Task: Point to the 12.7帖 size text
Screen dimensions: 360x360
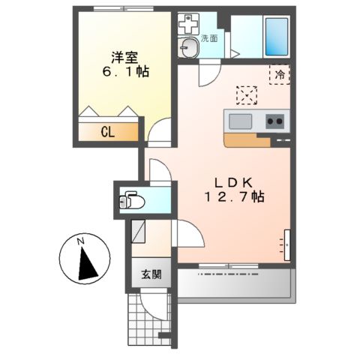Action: pyautogui.click(x=234, y=197)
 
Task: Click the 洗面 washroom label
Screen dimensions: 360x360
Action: pyautogui.click(x=209, y=39)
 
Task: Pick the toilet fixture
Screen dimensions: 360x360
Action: pyautogui.click(x=133, y=201)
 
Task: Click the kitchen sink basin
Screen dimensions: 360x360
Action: pyautogui.click(x=241, y=121)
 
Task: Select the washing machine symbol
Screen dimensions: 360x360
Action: pyautogui.click(x=187, y=23)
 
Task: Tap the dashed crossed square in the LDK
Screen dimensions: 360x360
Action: pyautogui.click(x=247, y=95)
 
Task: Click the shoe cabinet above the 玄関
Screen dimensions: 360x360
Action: pyautogui.click(x=139, y=229)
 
